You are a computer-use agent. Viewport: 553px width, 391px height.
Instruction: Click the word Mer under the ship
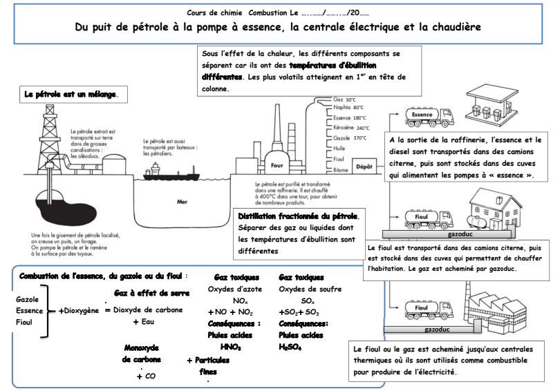[x=182, y=202]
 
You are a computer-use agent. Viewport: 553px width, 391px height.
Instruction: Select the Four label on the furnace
[x=277, y=166]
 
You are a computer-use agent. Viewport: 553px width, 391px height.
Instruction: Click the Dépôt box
[x=364, y=167]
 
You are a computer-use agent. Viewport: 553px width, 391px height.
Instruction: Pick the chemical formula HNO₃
[x=230, y=347]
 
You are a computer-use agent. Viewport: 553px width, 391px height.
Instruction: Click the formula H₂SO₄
[x=290, y=347]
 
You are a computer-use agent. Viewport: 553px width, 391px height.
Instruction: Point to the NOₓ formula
[x=240, y=301]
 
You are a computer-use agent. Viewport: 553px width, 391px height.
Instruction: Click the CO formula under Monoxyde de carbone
[x=150, y=376]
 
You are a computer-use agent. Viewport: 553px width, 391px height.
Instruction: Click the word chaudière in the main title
[x=449, y=28]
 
